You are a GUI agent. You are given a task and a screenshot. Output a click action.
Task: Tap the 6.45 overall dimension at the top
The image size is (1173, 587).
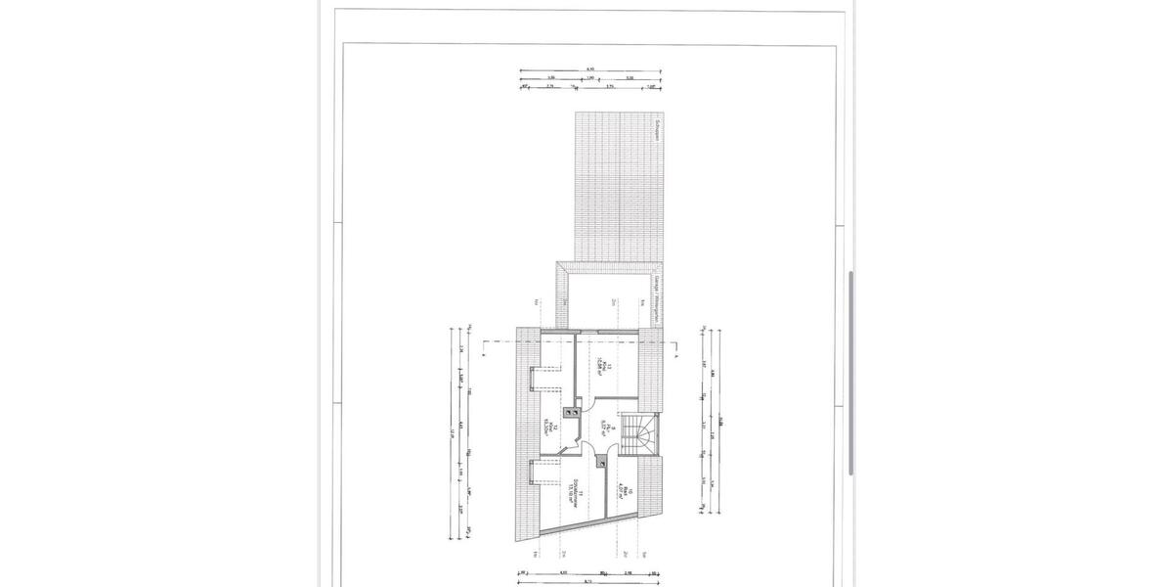point(589,68)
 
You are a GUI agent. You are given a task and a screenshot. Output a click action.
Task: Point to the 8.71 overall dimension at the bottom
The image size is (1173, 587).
point(586,580)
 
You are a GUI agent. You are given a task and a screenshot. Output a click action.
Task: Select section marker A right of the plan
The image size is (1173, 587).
point(674,358)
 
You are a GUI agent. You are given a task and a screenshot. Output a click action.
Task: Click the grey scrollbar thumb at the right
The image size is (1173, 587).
point(850,373)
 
